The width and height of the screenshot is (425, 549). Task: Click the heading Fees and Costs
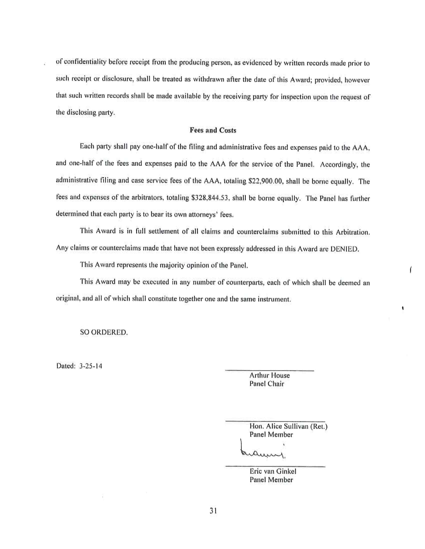click(x=213, y=130)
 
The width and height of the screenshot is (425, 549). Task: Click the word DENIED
click(x=344, y=249)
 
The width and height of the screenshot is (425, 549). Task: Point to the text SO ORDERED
click(x=104, y=332)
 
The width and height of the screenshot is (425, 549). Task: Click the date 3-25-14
click(x=91, y=366)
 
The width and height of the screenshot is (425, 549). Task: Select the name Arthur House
click(x=269, y=375)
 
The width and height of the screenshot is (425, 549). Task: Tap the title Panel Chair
click(x=267, y=384)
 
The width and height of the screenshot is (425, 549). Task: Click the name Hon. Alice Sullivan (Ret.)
click(x=288, y=426)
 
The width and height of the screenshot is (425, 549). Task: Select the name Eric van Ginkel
click(x=273, y=471)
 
